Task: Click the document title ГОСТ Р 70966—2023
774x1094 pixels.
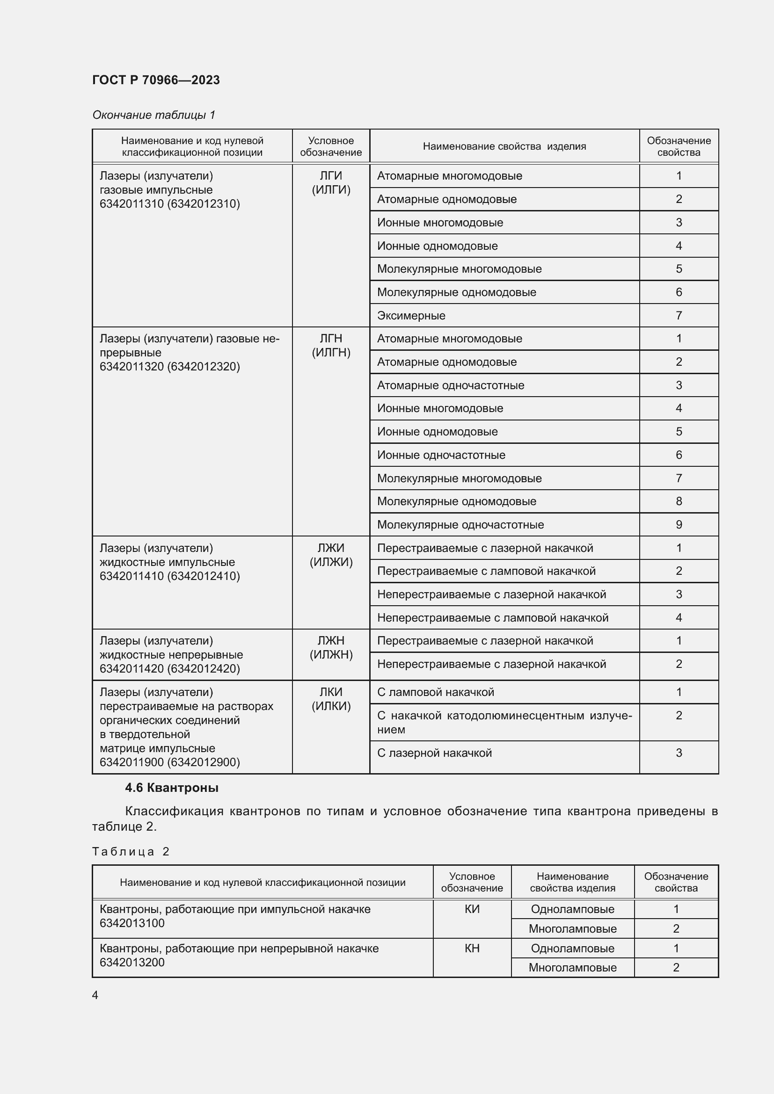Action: [156, 80]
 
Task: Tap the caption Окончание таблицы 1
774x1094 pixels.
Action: [153, 115]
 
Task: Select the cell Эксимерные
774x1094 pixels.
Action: [411, 315]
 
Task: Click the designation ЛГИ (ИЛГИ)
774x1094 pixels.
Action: [331, 183]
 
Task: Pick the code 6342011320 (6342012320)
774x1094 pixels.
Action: [169, 366]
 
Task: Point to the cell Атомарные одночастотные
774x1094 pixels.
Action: [450, 385]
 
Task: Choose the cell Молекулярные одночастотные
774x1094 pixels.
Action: [460, 525]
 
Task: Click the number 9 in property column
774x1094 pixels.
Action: [679, 525]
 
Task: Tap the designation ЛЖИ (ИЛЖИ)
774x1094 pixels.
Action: [331, 555]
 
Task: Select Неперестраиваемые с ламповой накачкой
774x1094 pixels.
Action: [492, 617]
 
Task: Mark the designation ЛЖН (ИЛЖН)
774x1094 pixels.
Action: [331, 647]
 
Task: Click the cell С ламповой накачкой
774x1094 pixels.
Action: [435, 692]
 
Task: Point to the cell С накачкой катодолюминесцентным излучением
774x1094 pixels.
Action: [504, 722]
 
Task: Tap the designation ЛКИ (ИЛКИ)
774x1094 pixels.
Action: [331, 699]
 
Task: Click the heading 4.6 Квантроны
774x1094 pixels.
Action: [172, 788]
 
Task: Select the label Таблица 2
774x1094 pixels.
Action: [131, 851]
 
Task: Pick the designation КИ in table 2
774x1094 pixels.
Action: [471, 909]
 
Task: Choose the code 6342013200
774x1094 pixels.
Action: [132, 962]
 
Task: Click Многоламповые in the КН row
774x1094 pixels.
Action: [572, 967]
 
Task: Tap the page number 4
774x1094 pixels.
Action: [95, 995]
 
